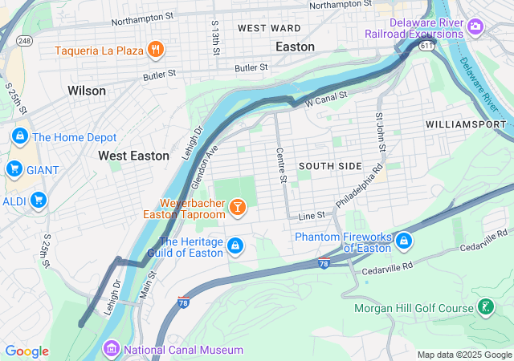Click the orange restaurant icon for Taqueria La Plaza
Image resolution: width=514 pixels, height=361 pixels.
coord(156,50)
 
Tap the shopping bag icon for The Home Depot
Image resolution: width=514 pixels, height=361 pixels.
coord(19,137)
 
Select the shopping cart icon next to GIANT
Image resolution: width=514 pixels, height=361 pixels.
coord(14,168)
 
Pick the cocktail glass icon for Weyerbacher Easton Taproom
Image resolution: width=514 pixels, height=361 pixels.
coord(237,209)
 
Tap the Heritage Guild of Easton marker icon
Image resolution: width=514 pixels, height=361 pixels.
coord(235,245)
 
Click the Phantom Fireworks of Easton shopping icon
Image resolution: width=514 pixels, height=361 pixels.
coord(404,240)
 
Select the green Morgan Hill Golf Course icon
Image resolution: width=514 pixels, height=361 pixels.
coord(485,306)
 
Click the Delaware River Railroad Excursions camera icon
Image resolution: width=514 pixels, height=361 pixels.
coord(476,28)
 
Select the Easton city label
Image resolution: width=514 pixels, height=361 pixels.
coord(295,47)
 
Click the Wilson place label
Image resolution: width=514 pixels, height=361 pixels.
coord(87,91)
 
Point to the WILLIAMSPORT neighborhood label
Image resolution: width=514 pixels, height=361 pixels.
coord(466,125)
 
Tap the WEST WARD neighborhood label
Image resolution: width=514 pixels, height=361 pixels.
coord(269,28)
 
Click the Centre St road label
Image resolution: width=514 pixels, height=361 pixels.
coord(281,164)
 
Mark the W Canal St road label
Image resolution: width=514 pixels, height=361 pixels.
coord(325,99)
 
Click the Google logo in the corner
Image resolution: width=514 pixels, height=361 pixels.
coord(27,351)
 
